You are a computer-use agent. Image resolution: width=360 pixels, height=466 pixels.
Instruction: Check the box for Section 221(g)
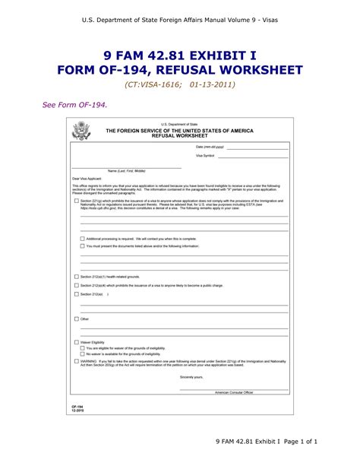[76, 201]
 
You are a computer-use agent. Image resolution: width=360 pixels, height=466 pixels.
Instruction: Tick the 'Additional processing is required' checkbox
[82, 239]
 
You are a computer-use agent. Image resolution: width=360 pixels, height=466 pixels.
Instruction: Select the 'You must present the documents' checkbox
[82, 246]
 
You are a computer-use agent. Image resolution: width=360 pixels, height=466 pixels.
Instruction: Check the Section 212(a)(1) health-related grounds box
[76, 277]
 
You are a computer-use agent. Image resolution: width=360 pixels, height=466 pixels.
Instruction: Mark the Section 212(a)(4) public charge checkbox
[76, 285]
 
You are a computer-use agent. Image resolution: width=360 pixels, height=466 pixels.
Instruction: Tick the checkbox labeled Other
[76, 319]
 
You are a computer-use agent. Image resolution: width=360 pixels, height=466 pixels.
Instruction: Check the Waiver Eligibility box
[76, 343]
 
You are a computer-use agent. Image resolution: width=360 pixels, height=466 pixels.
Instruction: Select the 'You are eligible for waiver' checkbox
[82, 348]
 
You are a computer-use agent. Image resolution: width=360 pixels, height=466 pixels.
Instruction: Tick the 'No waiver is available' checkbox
[82, 354]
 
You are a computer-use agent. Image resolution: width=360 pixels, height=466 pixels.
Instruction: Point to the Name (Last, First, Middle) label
[126, 171]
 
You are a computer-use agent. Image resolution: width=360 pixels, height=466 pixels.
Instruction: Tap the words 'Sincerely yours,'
[191, 376]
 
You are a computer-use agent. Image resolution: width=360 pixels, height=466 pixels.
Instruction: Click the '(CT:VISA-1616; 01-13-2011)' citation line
[180, 84]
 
